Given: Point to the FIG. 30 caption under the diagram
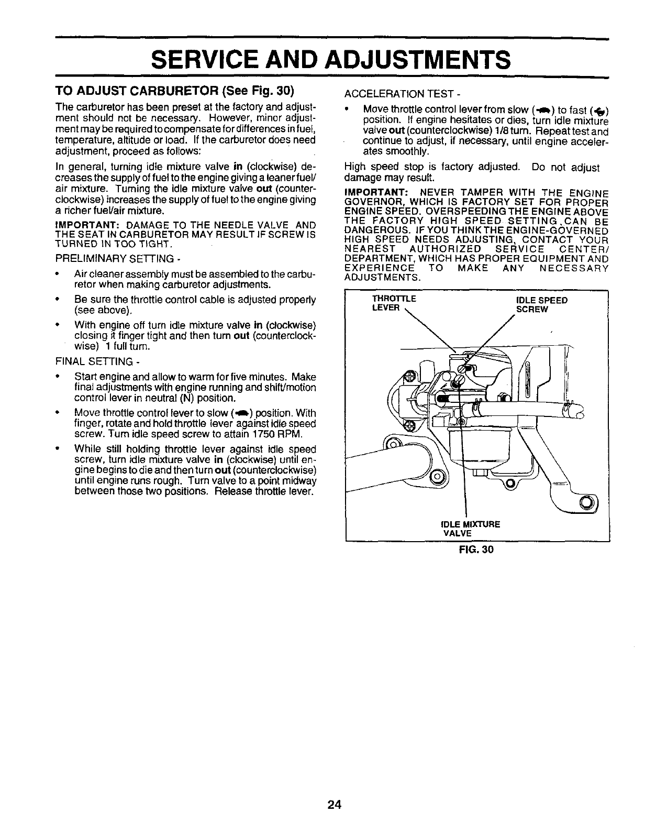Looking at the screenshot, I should pyautogui.click(x=476, y=550).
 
